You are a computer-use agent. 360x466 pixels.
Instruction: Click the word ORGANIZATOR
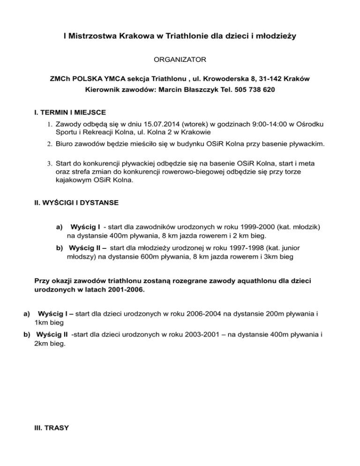pyautogui.click(x=180, y=60)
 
